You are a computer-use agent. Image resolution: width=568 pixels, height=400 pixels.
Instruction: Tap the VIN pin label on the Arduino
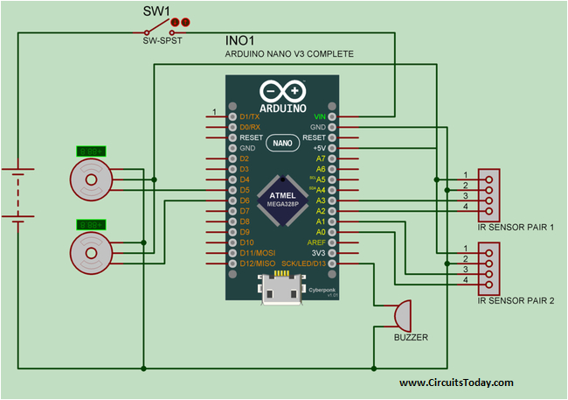pyautogui.click(x=320, y=116)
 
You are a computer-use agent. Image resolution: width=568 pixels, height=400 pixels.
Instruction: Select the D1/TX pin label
pyautogui.click(x=250, y=116)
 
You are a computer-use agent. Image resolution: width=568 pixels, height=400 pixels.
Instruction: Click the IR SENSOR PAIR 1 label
pyautogui.click(x=516, y=227)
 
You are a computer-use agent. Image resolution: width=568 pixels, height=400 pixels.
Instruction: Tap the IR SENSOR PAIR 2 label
pyautogui.click(x=516, y=300)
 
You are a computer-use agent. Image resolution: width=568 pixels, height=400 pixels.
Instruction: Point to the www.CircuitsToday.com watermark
pyautogui.click(x=456, y=382)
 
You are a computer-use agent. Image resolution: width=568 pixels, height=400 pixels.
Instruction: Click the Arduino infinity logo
pyautogui.click(x=281, y=91)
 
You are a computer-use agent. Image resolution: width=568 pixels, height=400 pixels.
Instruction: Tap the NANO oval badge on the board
pyautogui.click(x=281, y=142)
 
